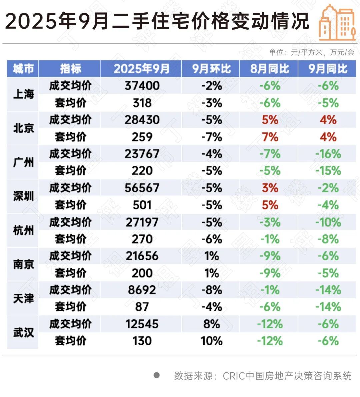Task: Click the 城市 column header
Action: pos(23,69)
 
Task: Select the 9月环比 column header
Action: pos(211,69)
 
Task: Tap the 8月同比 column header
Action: pos(269,69)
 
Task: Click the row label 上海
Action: pos(23,94)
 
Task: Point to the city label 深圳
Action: pos(23,196)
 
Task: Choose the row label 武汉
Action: pos(23,332)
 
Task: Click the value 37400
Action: pos(142,86)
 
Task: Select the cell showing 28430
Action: pos(142,120)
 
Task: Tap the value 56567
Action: pos(142,188)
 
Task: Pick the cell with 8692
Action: pos(142,290)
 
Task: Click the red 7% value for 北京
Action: pos(270,137)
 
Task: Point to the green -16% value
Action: pos(328,154)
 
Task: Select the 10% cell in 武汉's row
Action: pos(211,341)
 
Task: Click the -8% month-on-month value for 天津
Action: pos(211,290)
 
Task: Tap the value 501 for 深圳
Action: pos(142,205)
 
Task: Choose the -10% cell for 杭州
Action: pos(328,222)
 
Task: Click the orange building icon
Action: pos(337,22)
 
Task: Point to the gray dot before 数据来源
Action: pos(156,375)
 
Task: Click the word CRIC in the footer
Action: pos(233,376)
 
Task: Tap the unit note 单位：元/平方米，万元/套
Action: pos(311,52)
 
